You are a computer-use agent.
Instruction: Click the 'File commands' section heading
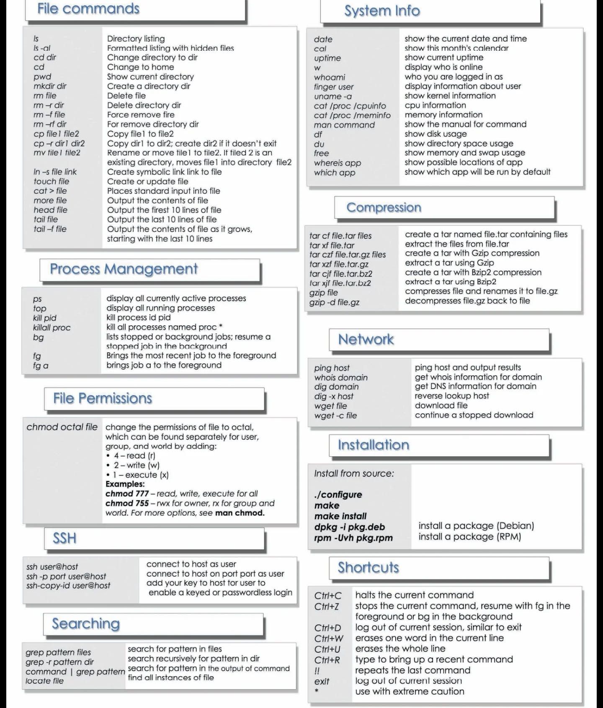[x=88, y=9]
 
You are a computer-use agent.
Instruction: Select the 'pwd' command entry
[x=42, y=77]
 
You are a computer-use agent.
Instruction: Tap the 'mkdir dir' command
[x=50, y=86]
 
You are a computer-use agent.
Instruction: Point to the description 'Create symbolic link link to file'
[x=164, y=172]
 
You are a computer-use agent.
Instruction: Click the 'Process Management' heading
[x=124, y=269]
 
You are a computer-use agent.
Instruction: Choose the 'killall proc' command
[x=52, y=327]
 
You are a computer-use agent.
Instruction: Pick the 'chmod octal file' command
[x=62, y=427]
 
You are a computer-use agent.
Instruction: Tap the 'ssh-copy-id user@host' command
[x=68, y=586]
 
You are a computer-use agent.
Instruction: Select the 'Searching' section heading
[x=86, y=623]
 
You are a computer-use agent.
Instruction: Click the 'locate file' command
[x=44, y=681]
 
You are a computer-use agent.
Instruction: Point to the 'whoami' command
[x=330, y=77]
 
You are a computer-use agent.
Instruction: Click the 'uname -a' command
[x=333, y=96]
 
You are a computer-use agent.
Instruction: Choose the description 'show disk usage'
[x=435, y=134]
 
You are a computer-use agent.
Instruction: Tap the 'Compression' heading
[x=384, y=207]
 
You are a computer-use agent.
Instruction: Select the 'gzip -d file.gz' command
[x=334, y=302]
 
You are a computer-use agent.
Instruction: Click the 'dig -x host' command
[x=334, y=396]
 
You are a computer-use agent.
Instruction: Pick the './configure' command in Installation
[x=338, y=494]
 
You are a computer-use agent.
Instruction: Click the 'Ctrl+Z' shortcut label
[x=327, y=606]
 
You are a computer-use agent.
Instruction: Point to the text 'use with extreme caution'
[x=410, y=691]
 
